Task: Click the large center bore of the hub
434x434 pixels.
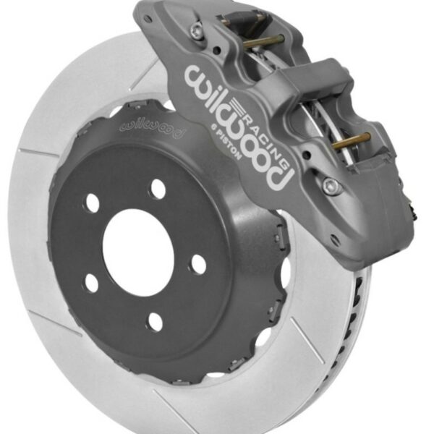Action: click(x=138, y=250)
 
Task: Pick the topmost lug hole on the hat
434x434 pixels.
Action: click(x=158, y=190)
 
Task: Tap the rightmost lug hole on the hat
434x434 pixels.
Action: click(x=197, y=265)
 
